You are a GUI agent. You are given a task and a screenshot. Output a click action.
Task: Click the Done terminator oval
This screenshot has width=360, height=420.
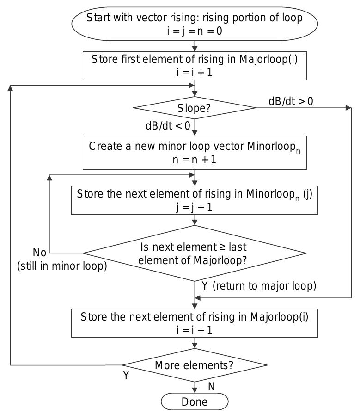(195, 401)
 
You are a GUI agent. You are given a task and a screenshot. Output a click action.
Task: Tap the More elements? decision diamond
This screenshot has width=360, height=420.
(195, 365)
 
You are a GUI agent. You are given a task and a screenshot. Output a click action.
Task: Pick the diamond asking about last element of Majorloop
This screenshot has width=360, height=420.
(195, 253)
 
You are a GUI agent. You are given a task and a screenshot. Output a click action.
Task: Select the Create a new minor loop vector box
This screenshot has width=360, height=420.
(195, 152)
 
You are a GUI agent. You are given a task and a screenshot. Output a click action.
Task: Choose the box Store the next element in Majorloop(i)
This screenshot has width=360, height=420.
(195, 323)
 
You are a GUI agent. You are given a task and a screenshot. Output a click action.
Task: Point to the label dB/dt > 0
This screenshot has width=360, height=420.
(291, 101)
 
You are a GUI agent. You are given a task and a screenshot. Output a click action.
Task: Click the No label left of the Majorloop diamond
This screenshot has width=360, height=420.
(40, 253)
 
